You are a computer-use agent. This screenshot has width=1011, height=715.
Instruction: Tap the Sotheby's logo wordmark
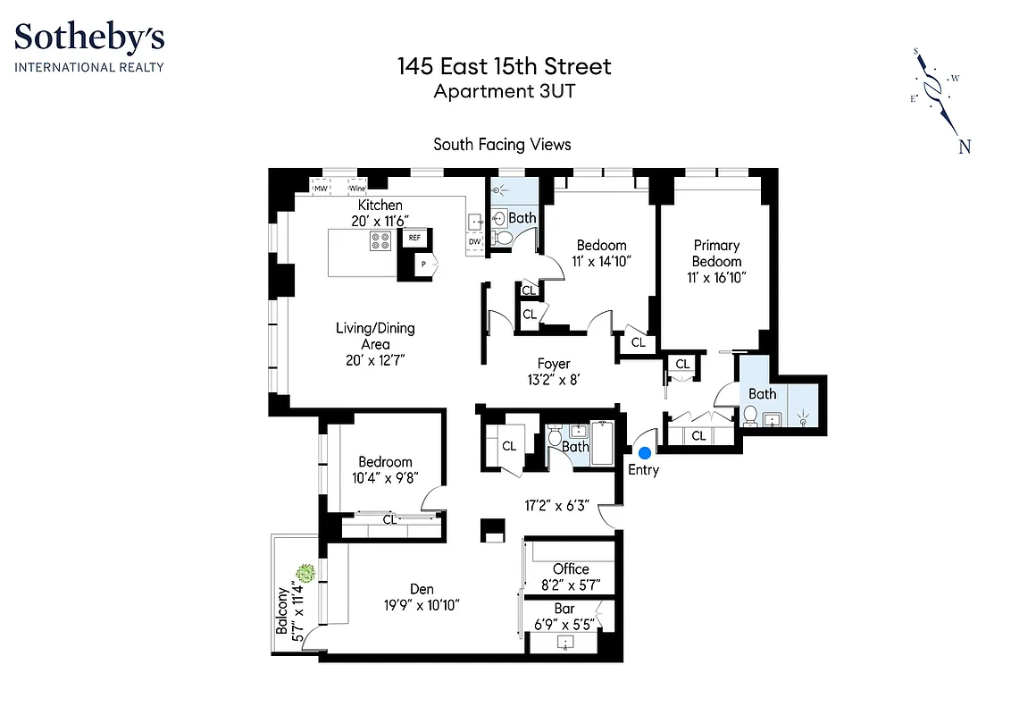click(x=89, y=38)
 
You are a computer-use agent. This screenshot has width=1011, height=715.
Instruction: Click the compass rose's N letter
click(x=965, y=147)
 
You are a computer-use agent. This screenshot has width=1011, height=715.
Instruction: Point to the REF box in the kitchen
click(x=414, y=238)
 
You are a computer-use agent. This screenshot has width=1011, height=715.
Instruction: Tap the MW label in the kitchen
click(x=320, y=189)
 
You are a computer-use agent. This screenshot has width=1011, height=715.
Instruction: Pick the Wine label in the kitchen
click(x=357, y=189)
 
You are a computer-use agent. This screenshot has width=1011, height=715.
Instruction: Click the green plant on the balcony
click(x=305, y=572)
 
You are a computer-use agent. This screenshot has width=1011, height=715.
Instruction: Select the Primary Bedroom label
click(x=716, y=253)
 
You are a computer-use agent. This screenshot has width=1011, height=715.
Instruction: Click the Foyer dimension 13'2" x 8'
click(x=554, y=379)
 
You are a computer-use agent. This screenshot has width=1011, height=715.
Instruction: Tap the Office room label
click(x=571, y=568)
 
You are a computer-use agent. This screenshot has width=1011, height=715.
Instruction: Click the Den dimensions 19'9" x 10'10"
click(x=422, y=605)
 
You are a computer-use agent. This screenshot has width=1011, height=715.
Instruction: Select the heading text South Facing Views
click(x=502, y=144)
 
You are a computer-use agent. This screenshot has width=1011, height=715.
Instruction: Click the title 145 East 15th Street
click(x=505, y=66)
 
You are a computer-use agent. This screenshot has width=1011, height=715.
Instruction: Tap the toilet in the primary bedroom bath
click(x=751, y=416)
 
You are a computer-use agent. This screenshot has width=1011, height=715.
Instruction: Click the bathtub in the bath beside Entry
click(x=603, y=441)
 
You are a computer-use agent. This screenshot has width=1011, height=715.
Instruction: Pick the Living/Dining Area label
click(x=375, y=335)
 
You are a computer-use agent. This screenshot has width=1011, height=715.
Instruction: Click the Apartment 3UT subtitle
click(x=505, y=90)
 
